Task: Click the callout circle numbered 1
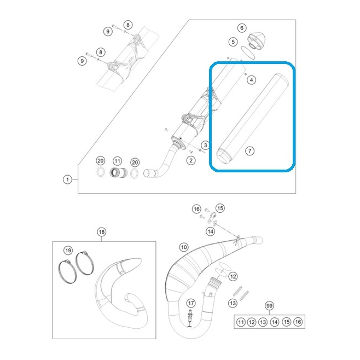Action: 67,179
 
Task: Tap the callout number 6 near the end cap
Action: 242,28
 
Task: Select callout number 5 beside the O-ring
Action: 233,42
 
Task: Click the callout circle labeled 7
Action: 250,151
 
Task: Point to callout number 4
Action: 252,80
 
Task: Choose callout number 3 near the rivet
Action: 206,145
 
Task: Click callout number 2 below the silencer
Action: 191,160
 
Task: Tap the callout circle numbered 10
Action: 184,247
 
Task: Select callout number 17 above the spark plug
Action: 191,304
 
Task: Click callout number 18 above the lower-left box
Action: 102,232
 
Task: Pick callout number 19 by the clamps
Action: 68,250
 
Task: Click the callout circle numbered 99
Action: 269,306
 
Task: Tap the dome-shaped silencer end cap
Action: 257,40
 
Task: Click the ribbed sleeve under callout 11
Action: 118,172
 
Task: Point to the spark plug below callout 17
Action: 190,318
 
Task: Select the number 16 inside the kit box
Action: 298,322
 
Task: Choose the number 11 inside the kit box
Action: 241,322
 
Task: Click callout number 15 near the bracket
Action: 220,208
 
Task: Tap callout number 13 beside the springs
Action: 233,303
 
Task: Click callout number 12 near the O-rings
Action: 233,276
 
